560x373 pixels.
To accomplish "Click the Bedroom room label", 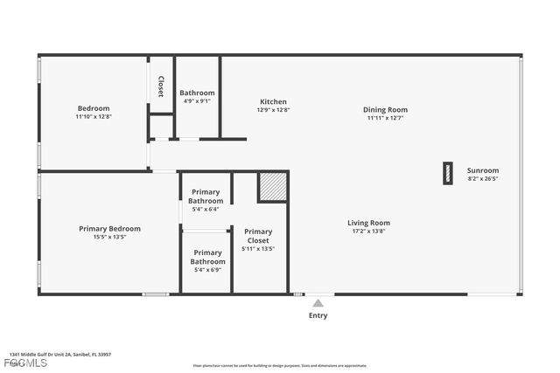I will click(x=93, y=107).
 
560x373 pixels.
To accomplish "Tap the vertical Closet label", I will click(x=161, y=86).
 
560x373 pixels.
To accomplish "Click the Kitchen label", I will click(x=273, y=101).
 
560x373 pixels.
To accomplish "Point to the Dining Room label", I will click(x=386, y=109).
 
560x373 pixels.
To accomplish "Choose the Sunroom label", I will click(x=482, y=170).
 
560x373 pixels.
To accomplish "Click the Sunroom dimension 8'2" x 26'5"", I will click(x=482, y=178).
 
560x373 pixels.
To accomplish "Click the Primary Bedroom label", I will click(x=109, y=228).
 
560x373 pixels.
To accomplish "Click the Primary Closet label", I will click(x=258, y=236).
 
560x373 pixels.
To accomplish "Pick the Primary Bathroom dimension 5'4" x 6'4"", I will click(x=206, y=209).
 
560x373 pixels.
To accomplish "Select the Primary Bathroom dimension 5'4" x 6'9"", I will click(x=207, y=269).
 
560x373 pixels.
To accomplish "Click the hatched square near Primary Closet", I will click(x=272, y=187).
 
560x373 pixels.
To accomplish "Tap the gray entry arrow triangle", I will click(x=318, y=303).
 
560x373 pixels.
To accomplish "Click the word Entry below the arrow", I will click(x=318, y=315).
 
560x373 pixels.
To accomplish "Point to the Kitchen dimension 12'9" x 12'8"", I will click(x=273, y=110).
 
